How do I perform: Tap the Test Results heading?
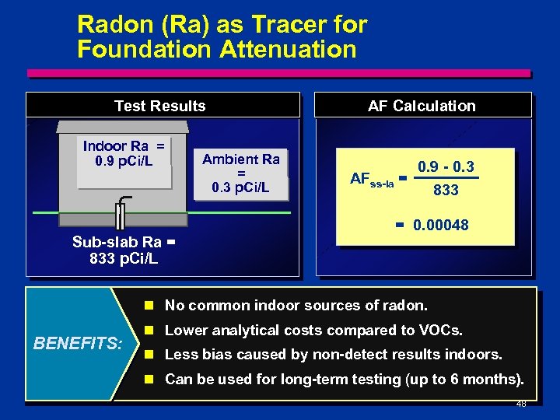click(x=160, y=106)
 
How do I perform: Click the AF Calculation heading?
click(x=422, y=106)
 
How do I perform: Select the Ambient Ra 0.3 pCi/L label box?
click(x=241, y=173)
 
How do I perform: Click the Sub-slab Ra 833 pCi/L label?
click(x=124, y=250)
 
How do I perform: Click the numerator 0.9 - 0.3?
click(x=446, y=166)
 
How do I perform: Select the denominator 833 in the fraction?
click(x=446, y=190)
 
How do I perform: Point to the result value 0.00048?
click(x=441, y=226)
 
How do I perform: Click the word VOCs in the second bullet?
click(x=442, y=330)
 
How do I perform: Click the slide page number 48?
click(x=520, y=404)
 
